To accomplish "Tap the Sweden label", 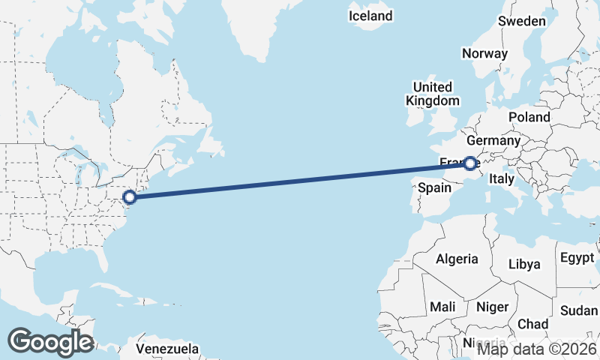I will coord(522,21).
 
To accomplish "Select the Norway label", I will coord(484,53).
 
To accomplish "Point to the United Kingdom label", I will coord(432,94).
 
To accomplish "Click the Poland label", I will coord(529,117).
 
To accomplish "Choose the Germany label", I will coord(493,140).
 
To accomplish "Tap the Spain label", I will coord(433,187).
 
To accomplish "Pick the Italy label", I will coord(501,179).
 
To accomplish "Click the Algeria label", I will coord(457,259).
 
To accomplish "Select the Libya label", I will coord(524,264).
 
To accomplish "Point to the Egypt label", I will coord(577,258).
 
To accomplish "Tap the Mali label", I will coord(442,307).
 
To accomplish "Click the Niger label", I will coord(492,307).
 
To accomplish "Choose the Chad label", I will coord(532,323).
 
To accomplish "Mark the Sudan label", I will coord(579,310).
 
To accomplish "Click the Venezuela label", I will coord(167,349).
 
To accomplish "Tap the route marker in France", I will coord(469,163).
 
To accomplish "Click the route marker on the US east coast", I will coord(129,197).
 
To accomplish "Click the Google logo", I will coord(50,342).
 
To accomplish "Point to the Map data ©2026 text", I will coord(537,348).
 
